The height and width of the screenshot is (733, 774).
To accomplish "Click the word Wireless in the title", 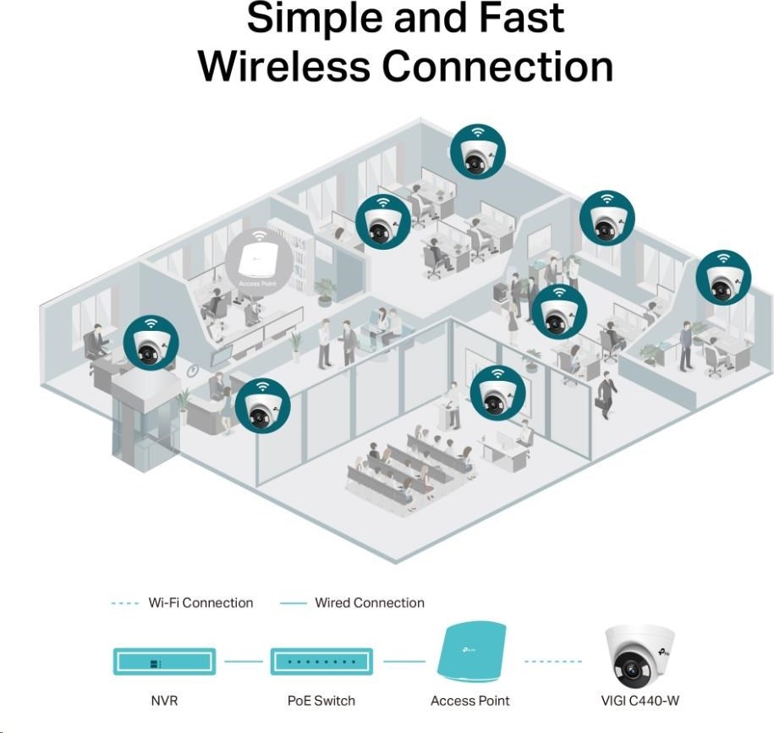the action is point(284,67).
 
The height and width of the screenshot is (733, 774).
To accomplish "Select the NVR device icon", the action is point(164,661).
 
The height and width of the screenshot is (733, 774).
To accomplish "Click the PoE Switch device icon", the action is point(321,661).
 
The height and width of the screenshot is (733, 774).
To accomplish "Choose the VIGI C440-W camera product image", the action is point(640,654).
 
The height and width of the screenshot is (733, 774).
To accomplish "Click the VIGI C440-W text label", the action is point(640,700).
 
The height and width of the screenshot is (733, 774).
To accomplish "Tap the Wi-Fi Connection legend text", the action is point(200,603).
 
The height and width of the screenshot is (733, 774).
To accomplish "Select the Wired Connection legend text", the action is point(370,603).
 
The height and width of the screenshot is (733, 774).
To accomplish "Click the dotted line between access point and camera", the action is point(553,661).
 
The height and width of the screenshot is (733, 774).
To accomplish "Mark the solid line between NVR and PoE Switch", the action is point(244,661).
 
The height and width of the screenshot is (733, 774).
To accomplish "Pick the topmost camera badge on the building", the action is point(478,152).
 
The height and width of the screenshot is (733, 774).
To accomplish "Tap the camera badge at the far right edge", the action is point(723,278).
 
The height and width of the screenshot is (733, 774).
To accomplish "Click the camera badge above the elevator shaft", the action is point(151,344).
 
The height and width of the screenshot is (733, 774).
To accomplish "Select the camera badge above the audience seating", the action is point(497,394).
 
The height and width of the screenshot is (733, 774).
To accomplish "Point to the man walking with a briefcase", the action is point(607,394).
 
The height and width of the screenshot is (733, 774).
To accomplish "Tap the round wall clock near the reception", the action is point(193,370).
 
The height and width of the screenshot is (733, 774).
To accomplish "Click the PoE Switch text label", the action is point(321,700).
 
